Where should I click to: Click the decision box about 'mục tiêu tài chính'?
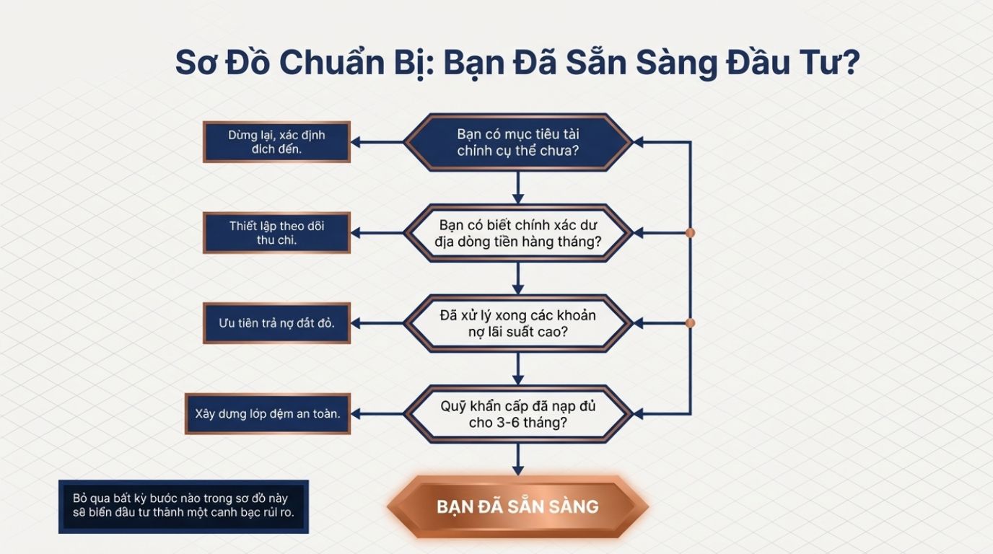(x=517, y=142)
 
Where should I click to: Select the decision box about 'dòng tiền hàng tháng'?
(x=517, y=233)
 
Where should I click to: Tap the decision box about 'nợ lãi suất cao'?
(x=517, y=323)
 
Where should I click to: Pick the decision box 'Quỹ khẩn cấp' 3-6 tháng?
(x=517, y=414)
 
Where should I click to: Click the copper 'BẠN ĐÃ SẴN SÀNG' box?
(x=517, y=506)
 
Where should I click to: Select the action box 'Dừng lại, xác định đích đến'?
(x=276, y=142)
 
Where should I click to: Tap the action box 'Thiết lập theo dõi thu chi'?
(x=276, y=233)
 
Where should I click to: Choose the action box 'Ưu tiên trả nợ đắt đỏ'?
(x=276, y=323)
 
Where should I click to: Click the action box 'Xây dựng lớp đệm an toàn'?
(x=268, y=414)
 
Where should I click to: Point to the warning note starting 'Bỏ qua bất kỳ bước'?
(x=183, y=506)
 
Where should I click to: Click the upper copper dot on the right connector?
(x=690, y=233)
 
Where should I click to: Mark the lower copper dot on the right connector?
(x=690, y=323)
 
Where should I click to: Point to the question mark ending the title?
(x=850, y=63)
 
